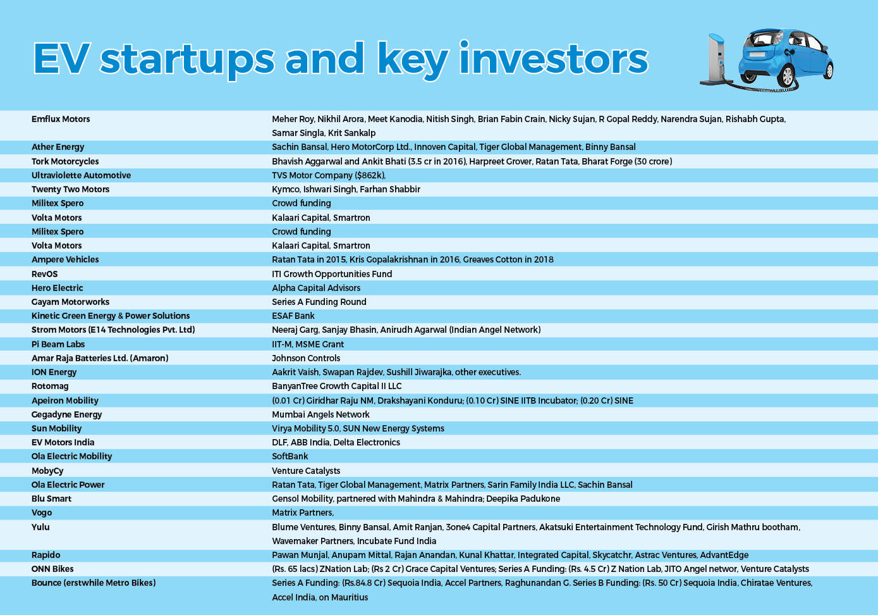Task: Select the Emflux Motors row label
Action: pyautogui.click(x=61, y=119)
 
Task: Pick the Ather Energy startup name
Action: pyautogui.click(x=58, y=147)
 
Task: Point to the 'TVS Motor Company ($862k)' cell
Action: pyautogui.click(x=329, y=175)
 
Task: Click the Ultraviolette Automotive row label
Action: pyautogui.click(x=81, y=175)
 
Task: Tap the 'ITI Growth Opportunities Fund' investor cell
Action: pyautogui.click(x=332, y=274)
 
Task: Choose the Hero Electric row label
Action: pyautogui.click(x=58, y=288)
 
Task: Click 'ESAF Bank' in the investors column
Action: pyautogui.click(x=293, y=316)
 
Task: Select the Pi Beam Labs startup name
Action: pyautogui.click(x=58, y=344)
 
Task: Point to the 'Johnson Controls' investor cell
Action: pyautogui.click(x=306, y=358)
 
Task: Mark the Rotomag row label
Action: pyautogui.click(x=50, y=387)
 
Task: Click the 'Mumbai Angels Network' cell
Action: pyautogui.click(x=320, y=414)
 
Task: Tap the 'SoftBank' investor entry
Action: pyautogui.click(x=290, y=456)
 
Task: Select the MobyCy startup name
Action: pyautogui.click(x=47, y=471)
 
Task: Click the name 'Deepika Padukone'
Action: pyautogui.click(x=523, y=499)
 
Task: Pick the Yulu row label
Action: pyautogui.click(x=40, y=527)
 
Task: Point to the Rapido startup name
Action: pyautogui.click(x=46, y=555)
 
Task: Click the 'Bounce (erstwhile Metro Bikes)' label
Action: pyautogui.click(x=94, y=583)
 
